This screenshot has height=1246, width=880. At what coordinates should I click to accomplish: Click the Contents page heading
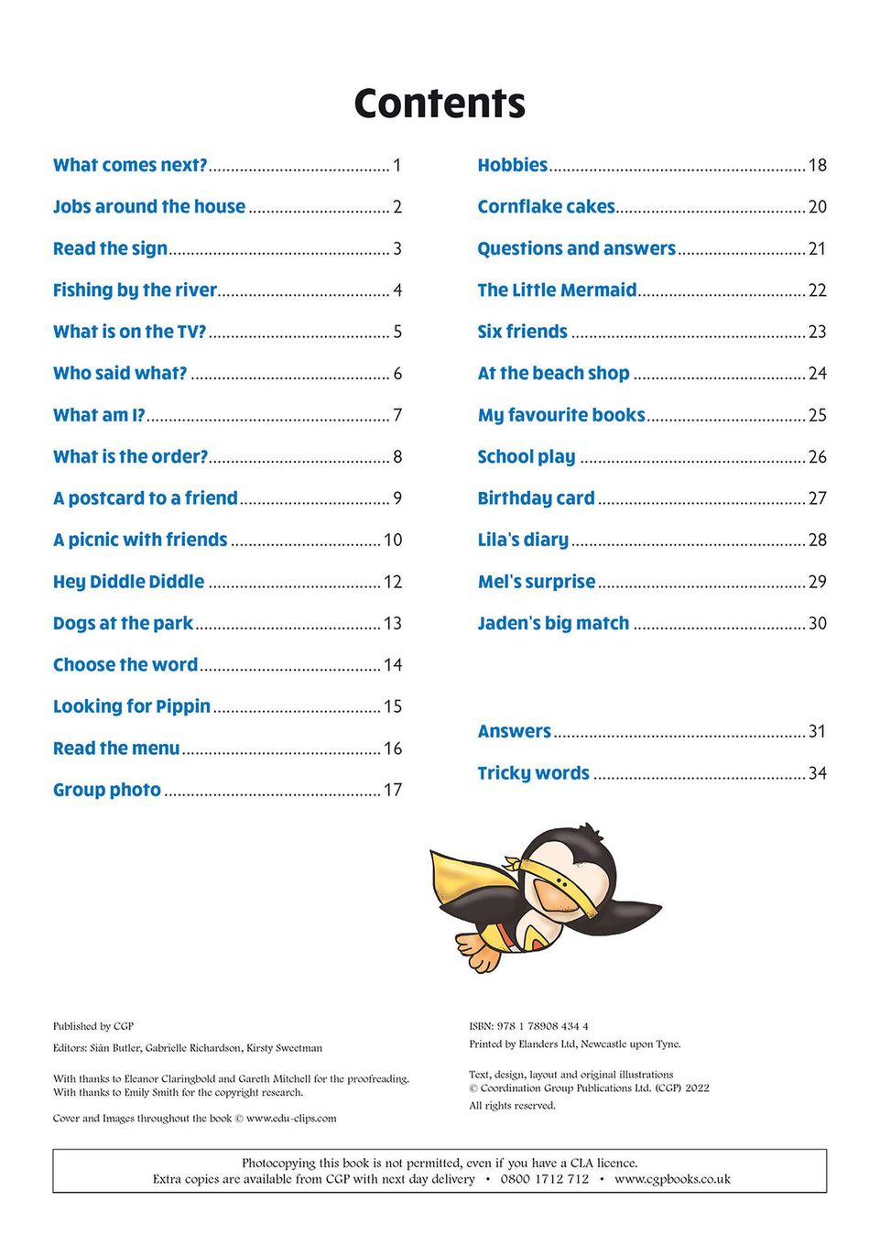[440, 104]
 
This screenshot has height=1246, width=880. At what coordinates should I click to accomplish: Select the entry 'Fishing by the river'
[135, 290]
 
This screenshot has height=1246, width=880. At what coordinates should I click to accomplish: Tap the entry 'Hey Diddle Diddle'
[128, 582]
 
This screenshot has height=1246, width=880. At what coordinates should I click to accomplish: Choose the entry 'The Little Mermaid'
[557, 290]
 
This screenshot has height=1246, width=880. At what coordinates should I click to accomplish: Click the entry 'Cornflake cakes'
[546, 207]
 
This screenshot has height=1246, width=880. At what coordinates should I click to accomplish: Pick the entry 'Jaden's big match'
[553, 624]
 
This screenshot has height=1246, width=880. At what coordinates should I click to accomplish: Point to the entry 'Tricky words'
[533, 773]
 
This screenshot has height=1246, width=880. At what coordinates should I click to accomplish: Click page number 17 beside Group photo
[393, 790]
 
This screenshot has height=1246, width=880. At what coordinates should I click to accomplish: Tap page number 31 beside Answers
[817, 731]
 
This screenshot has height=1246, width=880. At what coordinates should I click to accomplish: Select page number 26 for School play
[817, 457]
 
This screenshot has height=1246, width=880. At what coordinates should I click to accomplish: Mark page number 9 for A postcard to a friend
[397, 498]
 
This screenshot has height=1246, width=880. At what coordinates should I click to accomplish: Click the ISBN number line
[528, 1026]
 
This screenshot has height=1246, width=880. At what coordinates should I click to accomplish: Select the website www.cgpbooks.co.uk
[672, 1179]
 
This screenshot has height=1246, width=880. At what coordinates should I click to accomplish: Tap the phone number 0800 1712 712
[545, 1179]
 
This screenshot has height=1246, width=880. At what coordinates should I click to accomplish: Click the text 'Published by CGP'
[93, 1026]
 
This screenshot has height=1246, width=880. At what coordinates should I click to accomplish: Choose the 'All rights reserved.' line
[512, 1106]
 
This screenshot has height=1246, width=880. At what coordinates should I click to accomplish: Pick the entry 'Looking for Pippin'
[132, 706]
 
